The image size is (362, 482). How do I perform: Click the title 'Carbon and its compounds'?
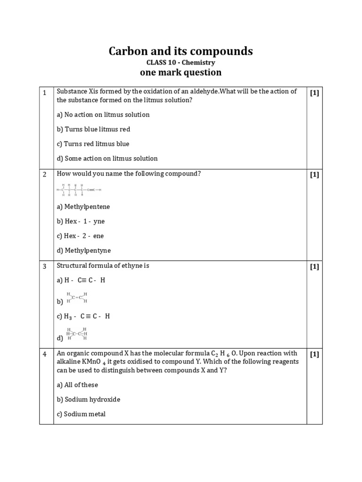pos(181,51)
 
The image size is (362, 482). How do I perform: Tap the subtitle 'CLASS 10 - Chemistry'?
pos(181,62)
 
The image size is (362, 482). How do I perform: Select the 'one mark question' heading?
pos(181,72)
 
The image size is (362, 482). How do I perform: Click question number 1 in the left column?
pos(45,93)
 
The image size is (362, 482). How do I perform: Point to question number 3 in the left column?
pos(45,266)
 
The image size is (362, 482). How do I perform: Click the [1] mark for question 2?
pos(314,175)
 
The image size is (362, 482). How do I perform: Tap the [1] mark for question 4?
pos(314,354)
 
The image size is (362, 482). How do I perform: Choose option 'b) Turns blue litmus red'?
pos(93,129)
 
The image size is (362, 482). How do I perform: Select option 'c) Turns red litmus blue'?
pos(93,144)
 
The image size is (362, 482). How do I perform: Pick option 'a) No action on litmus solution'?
pos(103,114)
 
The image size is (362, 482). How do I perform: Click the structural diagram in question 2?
pos(79,190)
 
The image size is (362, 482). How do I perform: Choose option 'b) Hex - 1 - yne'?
pos(81,221)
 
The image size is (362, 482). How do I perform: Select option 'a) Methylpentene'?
pos(83,207)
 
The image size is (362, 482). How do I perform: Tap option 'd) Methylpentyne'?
pos(84,250)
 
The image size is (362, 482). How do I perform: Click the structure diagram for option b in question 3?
pos(77,298)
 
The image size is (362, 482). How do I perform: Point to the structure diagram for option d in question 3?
pos(77,334)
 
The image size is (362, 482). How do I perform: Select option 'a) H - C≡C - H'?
pos(81,280)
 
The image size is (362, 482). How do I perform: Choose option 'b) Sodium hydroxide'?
pos(89,400)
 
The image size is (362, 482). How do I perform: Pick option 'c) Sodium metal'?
pos(81,414)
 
